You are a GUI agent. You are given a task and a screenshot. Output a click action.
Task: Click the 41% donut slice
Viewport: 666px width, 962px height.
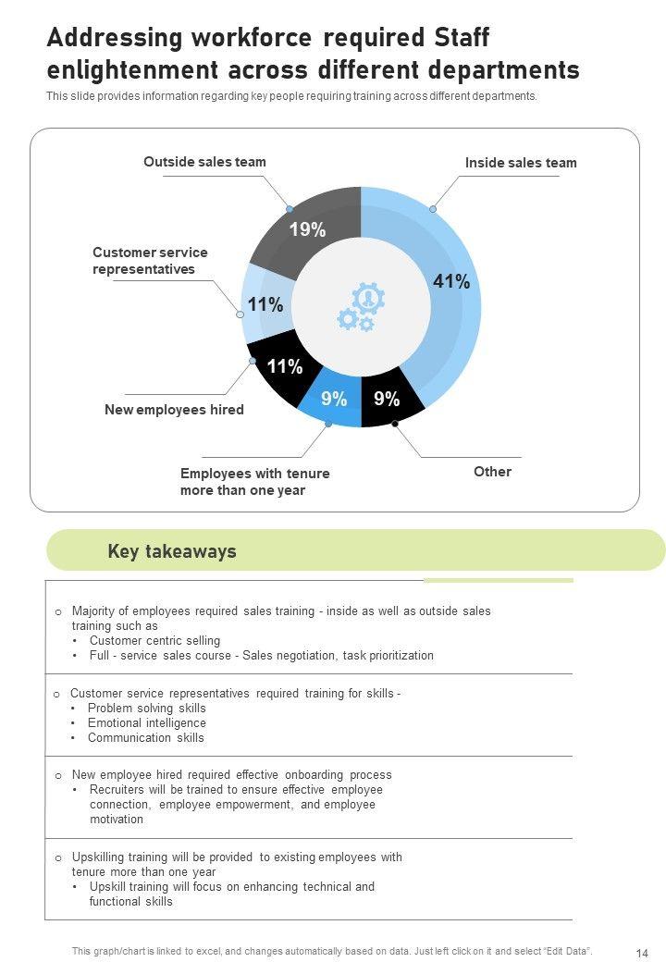(453, 283)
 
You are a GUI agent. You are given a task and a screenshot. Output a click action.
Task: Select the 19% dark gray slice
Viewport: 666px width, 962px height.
(306, 230)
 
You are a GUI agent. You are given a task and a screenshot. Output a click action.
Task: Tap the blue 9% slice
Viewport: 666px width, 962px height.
(334, 400)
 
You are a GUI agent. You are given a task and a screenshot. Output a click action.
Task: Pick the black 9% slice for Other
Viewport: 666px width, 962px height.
(388, 400)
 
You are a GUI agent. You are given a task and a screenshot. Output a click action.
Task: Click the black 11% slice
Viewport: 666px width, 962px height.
(284, 367)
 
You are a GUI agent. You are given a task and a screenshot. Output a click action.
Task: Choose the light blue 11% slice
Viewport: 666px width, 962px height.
(264, 304)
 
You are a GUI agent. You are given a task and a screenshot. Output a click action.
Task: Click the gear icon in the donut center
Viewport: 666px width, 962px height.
(361, 307)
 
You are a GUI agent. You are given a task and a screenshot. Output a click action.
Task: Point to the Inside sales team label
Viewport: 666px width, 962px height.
(521, 163)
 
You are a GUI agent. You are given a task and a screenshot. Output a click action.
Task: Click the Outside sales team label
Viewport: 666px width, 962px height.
(204, 162)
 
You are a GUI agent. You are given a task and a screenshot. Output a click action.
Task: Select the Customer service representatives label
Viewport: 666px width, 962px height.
(150, 261)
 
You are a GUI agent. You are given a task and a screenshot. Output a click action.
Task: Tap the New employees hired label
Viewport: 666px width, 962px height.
(174, 410)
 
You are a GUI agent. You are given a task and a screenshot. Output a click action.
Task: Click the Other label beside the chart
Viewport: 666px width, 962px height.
(492, 472)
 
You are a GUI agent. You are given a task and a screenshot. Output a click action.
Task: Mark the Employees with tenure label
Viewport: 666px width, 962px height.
(254, 482)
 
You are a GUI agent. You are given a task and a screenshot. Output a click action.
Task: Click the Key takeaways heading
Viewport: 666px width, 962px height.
(172, 552)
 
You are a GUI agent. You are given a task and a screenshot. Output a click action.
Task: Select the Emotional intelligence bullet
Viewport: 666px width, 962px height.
(146, 723)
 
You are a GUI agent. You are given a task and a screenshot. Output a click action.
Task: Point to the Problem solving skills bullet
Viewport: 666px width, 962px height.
(146, 709)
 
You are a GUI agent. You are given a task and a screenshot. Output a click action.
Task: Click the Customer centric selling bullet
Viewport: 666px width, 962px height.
(154, 641)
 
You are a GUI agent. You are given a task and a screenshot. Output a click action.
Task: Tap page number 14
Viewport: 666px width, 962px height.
(642, 954)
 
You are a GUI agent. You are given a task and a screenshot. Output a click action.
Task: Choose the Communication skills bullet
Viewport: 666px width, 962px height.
(145, 738)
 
